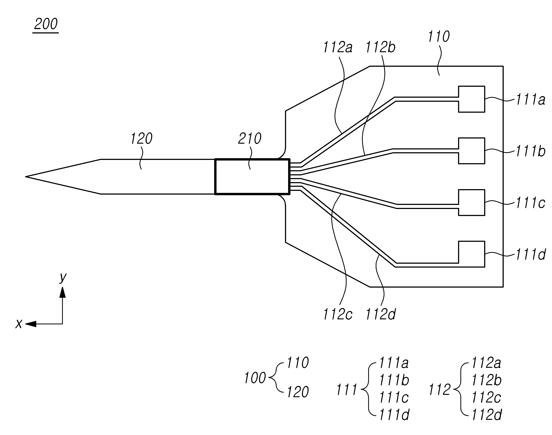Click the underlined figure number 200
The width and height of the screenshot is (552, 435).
tap(46, 24)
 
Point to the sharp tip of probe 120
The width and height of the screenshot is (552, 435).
tap(25, 176)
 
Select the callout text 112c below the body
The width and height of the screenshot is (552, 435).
tap(338, 314)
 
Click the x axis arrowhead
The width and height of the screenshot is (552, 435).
tap(31, 324)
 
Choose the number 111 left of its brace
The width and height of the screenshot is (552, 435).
tap(346, 390)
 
